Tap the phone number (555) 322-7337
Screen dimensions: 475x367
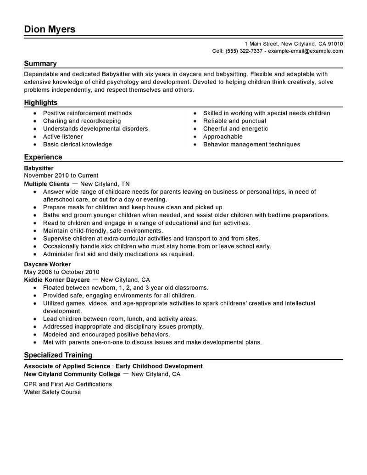point(244,51)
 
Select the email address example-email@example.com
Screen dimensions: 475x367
point(305,51)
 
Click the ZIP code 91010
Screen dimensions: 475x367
point(334,44)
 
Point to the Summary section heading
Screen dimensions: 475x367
point(40,64)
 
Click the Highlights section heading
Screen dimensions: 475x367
point(41,103)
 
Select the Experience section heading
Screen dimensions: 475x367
point(43,157)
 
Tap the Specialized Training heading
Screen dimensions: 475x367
point(58,355)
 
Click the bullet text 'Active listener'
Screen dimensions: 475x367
point(63,137)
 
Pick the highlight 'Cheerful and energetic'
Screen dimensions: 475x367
point(235,129)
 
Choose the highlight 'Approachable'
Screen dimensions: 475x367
point(223,137)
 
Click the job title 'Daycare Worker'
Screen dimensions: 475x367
point(47,264)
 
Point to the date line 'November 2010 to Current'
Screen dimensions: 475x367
point(61,176)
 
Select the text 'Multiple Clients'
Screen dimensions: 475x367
point(47,184)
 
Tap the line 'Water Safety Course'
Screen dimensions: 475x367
point(52,392)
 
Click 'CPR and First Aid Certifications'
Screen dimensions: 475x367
point(68,384)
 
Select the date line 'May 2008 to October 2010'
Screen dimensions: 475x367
point(61,272)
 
